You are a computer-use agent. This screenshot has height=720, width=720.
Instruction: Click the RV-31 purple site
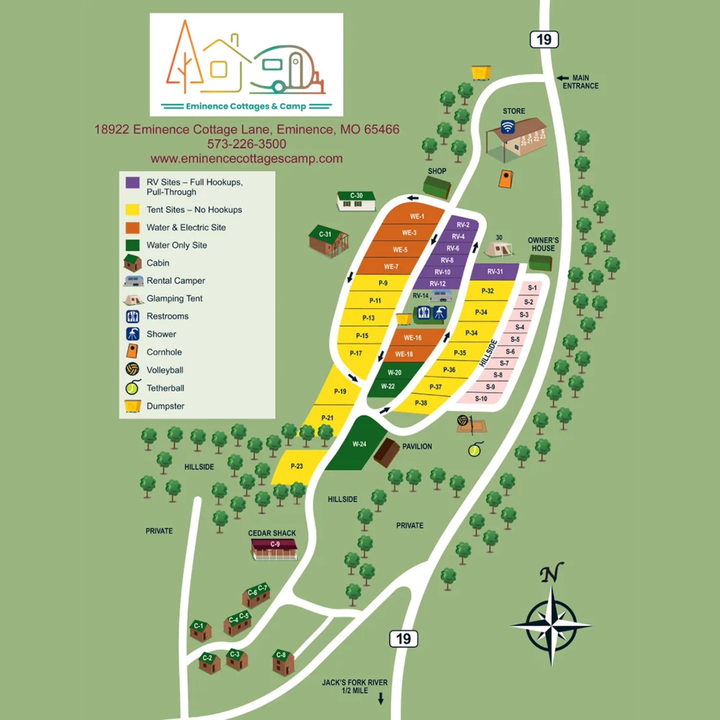point(495,272)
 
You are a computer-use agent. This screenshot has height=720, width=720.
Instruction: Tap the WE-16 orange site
point(412,337)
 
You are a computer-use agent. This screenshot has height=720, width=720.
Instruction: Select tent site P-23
point(297,466)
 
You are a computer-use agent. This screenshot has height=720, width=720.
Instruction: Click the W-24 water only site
point(359,444)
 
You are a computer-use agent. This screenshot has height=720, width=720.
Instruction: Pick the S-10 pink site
point(481,399)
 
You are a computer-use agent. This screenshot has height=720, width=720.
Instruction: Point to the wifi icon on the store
point(507,127)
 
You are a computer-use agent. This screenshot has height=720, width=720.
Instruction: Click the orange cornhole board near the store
point(505,179)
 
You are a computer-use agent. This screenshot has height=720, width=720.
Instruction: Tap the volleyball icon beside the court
point(463,420)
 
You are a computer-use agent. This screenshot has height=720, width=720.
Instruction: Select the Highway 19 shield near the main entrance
point(544,39)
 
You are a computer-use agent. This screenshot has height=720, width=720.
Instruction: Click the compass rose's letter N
point(551,574)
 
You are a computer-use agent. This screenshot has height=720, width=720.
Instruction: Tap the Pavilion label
point(417,446)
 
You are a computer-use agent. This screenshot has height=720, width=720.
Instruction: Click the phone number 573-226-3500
point(247,144)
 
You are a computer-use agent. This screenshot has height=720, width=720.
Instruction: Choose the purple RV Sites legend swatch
point(133,182)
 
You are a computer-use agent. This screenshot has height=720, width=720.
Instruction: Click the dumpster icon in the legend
point(133,406)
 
